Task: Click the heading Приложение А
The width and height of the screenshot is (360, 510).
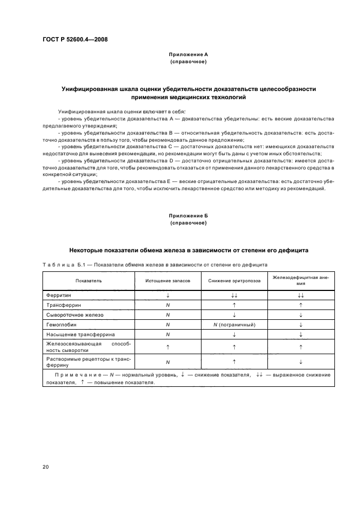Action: tap(188, 55)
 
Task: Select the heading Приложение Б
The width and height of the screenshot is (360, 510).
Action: tap(188, 216)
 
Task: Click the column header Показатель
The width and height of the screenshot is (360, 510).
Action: tap(88, 281)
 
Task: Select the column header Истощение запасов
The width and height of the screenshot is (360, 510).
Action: tap(168, 281)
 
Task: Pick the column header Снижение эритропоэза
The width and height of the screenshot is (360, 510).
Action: tap(234, 281)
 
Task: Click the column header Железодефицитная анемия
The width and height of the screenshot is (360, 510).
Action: tap(301, 280)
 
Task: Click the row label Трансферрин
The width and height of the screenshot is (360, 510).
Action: tap(62, 305)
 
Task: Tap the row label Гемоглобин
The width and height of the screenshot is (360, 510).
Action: tap(61, 324)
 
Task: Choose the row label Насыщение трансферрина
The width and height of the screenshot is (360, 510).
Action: tap(75, 334)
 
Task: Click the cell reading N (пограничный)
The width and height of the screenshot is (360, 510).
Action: tap(234, 324)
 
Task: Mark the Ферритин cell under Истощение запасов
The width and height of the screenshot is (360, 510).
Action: tap(168, 295)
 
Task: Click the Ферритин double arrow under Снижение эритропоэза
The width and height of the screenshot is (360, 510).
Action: tap(234, 295)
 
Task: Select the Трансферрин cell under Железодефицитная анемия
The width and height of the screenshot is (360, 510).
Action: tap(301, 305)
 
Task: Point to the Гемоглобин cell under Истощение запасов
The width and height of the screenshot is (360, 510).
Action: tap(168, 324)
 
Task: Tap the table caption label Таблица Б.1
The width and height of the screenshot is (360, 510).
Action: tap(63, 265)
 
